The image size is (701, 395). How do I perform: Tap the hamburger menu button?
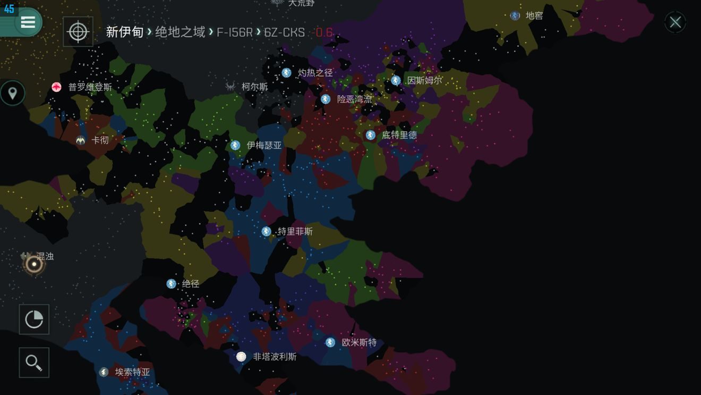pos(28,22)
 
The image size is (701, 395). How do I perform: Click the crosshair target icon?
pos(78,32)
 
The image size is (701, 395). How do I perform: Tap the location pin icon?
pos(12,94)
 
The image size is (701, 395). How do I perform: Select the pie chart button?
pos(34,320)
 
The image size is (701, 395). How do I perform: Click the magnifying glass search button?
pos(34,363)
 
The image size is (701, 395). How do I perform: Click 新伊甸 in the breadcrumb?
pos(125,32)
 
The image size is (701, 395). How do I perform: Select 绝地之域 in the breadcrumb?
pos(180,32)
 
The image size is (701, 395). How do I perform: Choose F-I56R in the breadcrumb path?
pos(234,32)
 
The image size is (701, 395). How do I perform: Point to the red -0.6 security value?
pos(323,32)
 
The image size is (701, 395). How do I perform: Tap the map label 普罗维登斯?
pos(90,87)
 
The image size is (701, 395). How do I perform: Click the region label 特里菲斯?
pos(295,232)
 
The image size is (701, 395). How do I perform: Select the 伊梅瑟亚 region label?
pos(264,145)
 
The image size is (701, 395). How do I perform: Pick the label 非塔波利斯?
pos(275,357)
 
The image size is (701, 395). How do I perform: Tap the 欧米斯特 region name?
pos(359,342)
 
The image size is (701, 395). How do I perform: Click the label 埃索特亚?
pos(132,372)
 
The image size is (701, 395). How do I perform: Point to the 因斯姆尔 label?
pos(424,80)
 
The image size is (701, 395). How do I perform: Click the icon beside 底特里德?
pos(370,135)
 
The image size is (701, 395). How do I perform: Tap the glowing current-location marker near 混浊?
pos(34,264)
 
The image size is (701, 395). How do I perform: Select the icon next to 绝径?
pos(171,284)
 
